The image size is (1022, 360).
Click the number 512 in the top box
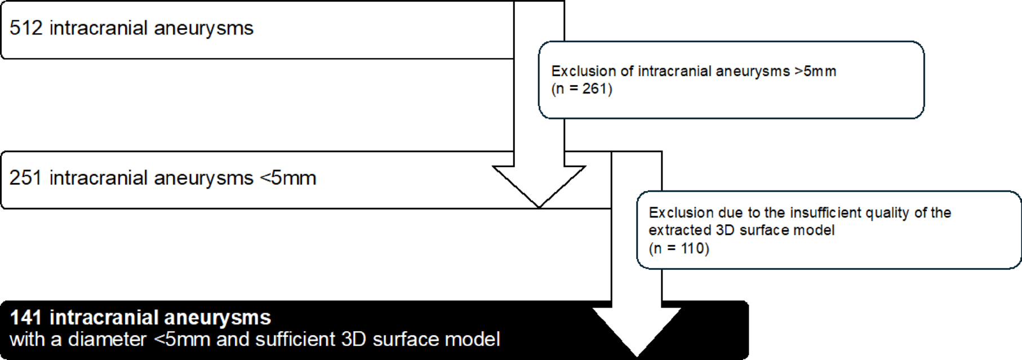(x=26, y=28)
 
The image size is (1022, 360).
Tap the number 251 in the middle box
(x=26, y=178)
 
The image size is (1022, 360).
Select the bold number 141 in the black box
(x=26, y=318)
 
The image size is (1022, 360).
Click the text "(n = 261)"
(x=581, y=89)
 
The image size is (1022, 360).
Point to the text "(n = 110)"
(x=679, y=248)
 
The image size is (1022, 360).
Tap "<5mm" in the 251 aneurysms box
(x=288, y=178)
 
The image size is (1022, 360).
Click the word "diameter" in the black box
(x=107, y=339)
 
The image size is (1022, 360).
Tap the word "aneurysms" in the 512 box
(x=203, y=28)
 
